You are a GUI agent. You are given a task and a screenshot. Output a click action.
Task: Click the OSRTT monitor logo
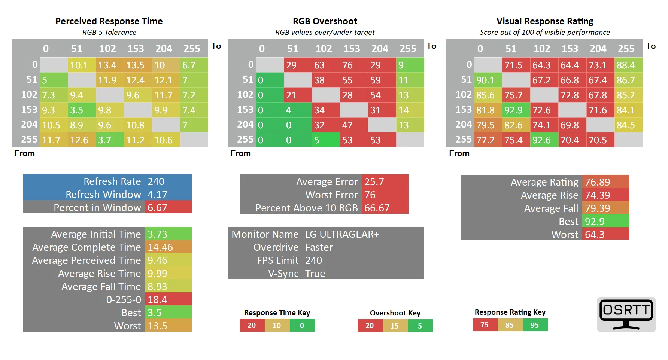tap(626, 314)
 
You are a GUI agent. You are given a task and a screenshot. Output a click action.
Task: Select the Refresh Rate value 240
tap(156, 181)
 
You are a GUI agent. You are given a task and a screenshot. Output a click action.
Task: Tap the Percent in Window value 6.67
tap(157, 208)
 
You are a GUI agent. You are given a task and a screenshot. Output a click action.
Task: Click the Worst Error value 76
tap(370, 195)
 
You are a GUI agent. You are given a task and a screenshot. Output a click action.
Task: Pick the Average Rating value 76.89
tap(598, 182)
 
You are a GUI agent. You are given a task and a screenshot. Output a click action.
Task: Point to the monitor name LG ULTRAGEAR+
tap(342, 234)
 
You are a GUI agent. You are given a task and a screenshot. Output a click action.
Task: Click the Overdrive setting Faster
tap(319, 247)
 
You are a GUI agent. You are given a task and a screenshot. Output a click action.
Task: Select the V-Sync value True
tap(315, 274)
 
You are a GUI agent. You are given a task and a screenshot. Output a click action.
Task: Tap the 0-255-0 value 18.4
tap(157, 300)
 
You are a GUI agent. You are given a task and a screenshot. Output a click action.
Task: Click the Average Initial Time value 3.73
tap(157, 234)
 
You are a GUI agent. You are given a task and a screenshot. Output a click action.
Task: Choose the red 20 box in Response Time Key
tap(252, 326)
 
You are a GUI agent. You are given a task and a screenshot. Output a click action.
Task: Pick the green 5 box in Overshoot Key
tap(420, 326)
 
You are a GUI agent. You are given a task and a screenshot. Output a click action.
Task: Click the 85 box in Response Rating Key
tap(510, 325)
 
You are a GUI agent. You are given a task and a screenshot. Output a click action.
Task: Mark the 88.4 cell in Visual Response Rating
tap(626, 65)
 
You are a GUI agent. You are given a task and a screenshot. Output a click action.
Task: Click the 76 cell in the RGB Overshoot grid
tap(348, 65)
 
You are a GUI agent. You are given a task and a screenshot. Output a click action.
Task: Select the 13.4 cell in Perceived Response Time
tap(107, 65)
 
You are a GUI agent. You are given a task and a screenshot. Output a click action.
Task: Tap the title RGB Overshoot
tap(325, 21)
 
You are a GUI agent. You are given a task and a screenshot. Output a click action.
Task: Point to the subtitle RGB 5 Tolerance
tap(109, 33)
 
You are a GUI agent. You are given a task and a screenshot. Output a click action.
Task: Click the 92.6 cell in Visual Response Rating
tap(542, 140)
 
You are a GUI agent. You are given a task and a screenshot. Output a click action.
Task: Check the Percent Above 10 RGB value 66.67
tap(377, 208)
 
